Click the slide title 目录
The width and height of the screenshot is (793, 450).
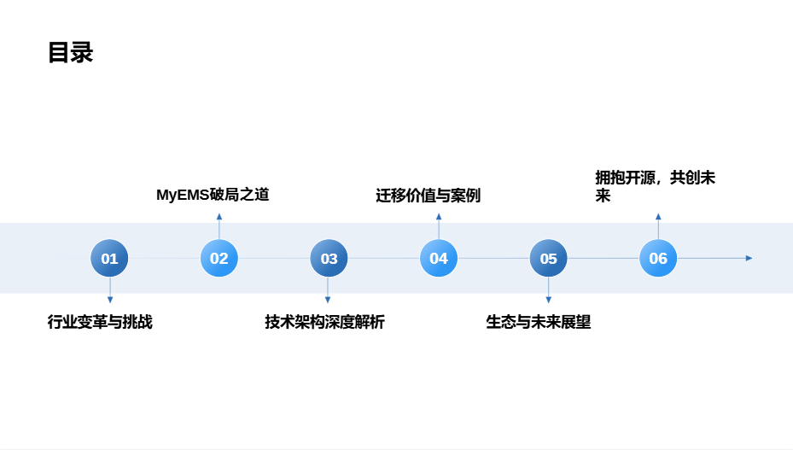(x=70, y=53)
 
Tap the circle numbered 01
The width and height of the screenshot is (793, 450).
(x=109, y=258)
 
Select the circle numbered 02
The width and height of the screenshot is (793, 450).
(x=219, y=258)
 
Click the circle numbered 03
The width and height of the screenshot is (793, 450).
(x=329, y=258)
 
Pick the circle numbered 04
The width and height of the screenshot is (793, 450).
(x=439, y=258)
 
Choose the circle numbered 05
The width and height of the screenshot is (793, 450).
(x=548, y=258)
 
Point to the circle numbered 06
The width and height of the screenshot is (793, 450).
(x=658, y=258)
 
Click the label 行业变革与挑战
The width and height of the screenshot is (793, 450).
(x=100, y=323)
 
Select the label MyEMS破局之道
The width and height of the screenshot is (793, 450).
(x=213, y=195)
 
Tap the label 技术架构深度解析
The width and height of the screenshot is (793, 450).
(x=324, y=323)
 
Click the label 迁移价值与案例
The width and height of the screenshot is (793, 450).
(x=428, y=196)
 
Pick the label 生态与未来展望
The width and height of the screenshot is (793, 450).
(x=539, y=323)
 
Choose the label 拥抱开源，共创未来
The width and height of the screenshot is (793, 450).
(x=655, y=186)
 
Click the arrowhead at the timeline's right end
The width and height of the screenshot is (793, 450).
(x=749, y=258)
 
